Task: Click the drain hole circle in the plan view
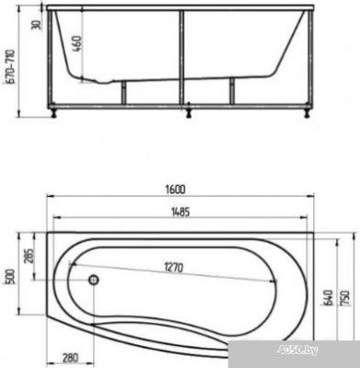[x=93, y=279]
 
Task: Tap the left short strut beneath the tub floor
[x=122, y=91]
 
